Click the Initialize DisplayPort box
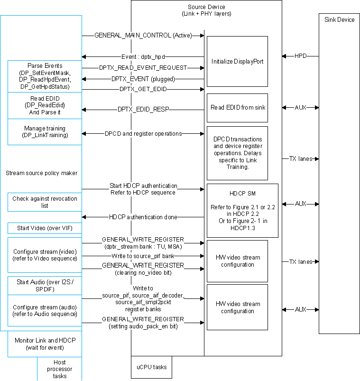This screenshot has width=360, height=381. coord(237,61)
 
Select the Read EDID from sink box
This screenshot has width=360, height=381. coord(237,108)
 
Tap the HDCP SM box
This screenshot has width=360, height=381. coord(242,210)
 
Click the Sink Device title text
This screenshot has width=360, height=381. coord(339,20)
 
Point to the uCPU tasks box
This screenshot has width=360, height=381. coord(151,367)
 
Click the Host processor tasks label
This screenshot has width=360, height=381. coord(60,369)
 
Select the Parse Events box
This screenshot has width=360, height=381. coord(45,76)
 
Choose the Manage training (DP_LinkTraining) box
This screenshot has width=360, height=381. coord(45,132)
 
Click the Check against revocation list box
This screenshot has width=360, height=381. coord(45,202)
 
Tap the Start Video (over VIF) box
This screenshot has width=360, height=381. coord(45,228)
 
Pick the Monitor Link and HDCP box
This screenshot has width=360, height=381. coord(45,344)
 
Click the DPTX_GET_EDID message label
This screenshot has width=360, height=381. coord(143,89)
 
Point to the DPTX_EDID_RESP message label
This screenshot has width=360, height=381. coord(143,110)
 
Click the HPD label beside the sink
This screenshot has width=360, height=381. coord(300,56)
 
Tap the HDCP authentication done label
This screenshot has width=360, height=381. coord(143,217)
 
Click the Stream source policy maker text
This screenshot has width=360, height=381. coord(41,173)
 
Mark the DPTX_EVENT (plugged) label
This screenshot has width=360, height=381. coord(143,78)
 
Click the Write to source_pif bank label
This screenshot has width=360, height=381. coord(143,256)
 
